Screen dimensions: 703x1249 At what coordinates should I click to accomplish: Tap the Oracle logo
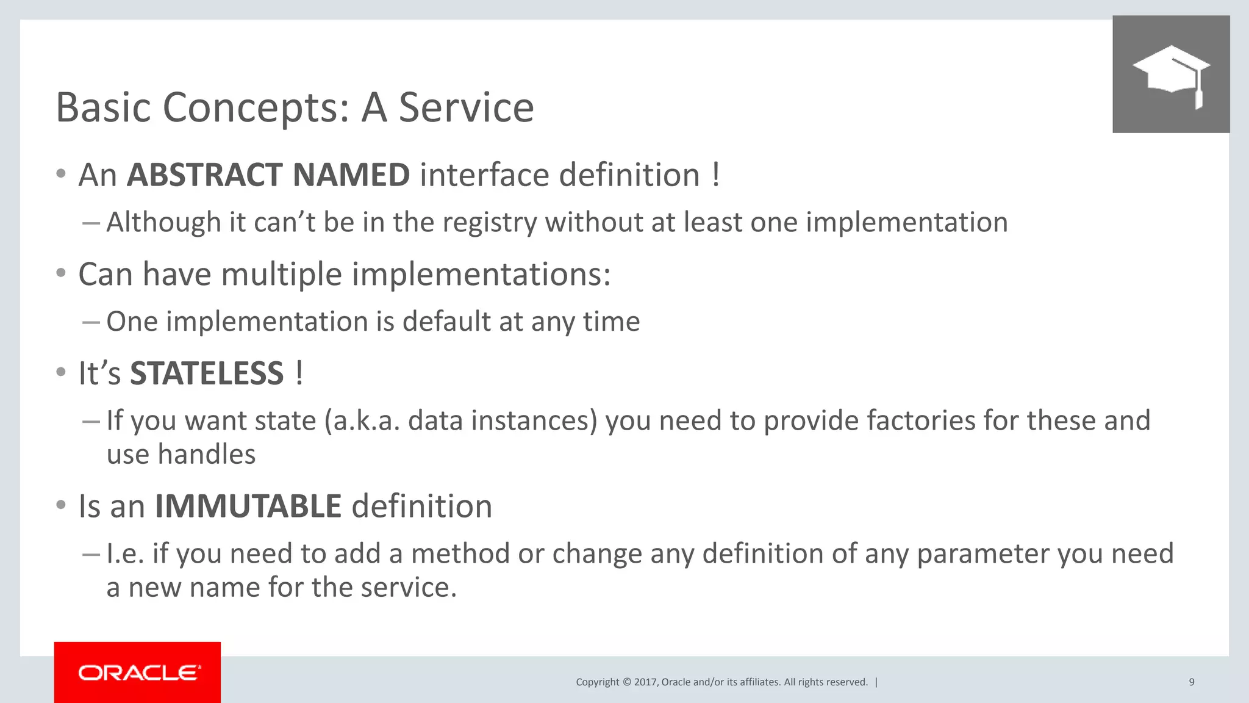[x=138, y=672]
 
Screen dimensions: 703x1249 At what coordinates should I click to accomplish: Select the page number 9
[x=1191, y=682]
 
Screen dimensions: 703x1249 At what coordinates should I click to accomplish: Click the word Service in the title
[x=466, y=107]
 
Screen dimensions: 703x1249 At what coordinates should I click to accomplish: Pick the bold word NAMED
[x=351, y=175]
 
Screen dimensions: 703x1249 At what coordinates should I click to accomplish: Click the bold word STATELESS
[x=207, y=373]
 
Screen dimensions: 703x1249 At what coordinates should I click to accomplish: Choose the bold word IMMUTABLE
[x=248, y=507]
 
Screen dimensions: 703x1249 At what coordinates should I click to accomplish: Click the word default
[x=446, y=322]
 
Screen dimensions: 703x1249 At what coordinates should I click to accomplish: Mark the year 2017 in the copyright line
[x=645, y=682]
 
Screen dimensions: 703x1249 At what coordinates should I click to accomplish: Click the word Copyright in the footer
[x=597, y=682]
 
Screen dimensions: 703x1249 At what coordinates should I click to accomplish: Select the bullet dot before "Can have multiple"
[x=60, y=273]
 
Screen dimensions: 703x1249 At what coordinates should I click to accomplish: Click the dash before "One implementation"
[x=91, y=322]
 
